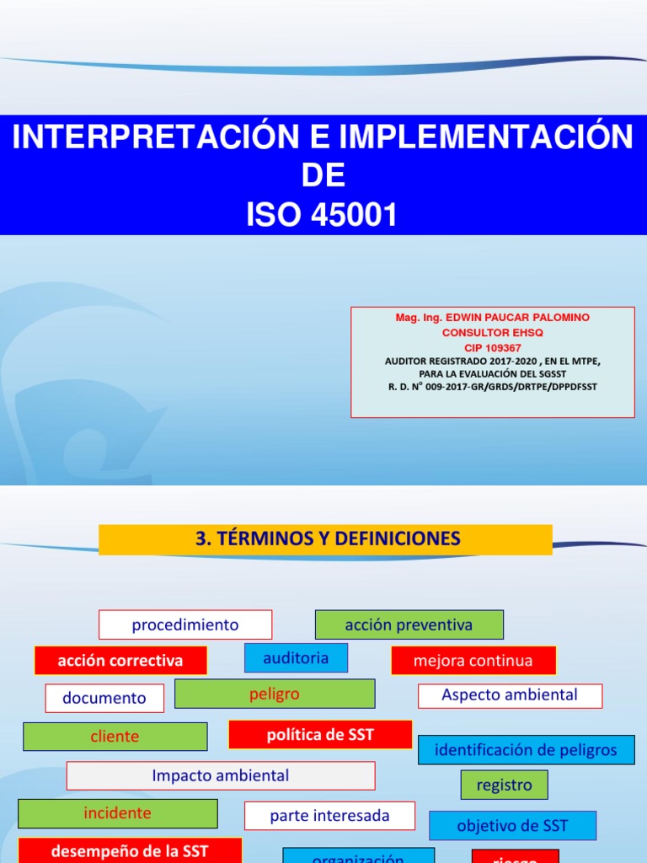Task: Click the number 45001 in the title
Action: tap(356, 216)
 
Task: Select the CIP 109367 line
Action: tap(493, 347)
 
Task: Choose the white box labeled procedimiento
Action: tap(185, 625)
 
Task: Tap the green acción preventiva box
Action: tap(409, 625)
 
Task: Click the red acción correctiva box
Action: tap(120, 661)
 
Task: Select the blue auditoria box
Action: tap(296, 658)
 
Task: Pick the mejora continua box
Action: tap(473, 661)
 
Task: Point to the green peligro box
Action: tap(275, 694)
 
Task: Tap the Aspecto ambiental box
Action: tap(510, 695)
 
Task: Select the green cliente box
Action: tap(115, 737)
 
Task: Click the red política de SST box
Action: tap(320, 735)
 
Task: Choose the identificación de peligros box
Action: tap(526, 750)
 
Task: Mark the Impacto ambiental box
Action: tap(221, 775)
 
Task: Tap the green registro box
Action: tap(504, 785)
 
